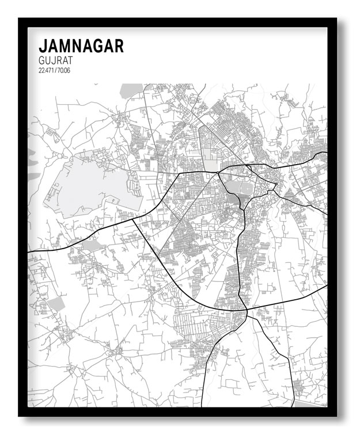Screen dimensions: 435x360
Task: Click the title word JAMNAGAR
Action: (81, 46)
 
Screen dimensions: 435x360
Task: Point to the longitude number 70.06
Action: (63, 70)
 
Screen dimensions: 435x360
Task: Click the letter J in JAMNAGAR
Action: (42, 46)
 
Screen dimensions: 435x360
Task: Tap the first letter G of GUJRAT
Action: (41, 60)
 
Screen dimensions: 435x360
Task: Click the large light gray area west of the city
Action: (92, 184)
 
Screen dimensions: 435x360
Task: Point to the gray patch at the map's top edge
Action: (131, 90)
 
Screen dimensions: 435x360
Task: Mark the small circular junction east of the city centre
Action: (276, 184)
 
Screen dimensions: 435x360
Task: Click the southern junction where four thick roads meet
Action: (247, 312)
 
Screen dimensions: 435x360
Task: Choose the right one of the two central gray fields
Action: (246, 188)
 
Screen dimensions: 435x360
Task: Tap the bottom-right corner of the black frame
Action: (336, 415)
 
